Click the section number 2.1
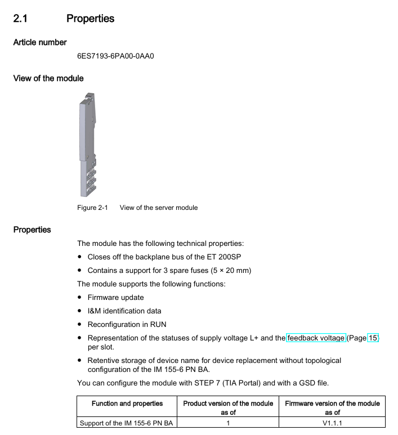point(20,19)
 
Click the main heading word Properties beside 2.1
point(90,19)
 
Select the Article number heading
point(40,42)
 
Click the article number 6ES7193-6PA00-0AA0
point(115,56)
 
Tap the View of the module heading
point(48,78)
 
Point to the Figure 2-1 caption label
point(92,208)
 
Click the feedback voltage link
point(316,338)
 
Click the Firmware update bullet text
point(115,297)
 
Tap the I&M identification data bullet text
point(124,311)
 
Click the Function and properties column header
point(127,403)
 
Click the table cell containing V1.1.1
point(332,423)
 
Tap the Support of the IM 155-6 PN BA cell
point(126,423)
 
